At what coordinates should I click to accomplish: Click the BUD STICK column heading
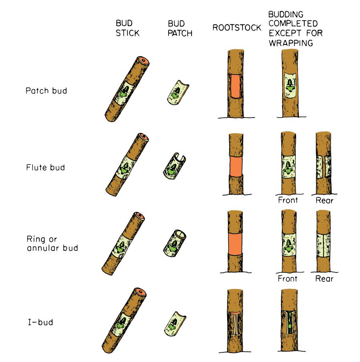(127, 28)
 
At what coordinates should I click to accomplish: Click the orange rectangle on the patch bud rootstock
(234, 86)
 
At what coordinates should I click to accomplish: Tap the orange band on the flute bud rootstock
(235, 166)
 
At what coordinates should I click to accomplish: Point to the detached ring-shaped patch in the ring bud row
(174, 243)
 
